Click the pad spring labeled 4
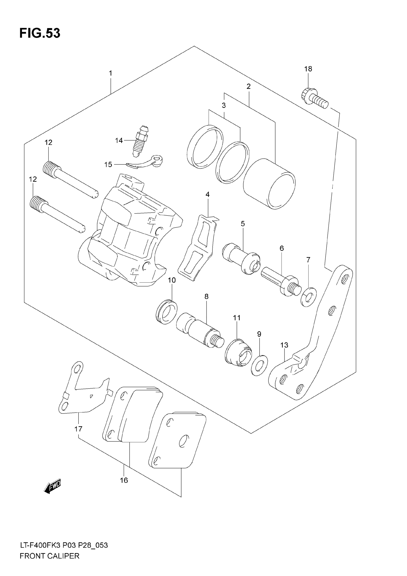point(198,247)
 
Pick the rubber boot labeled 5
point(241,258)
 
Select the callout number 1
point(110,73)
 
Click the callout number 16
point(124,480)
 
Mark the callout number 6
point(282,248)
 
